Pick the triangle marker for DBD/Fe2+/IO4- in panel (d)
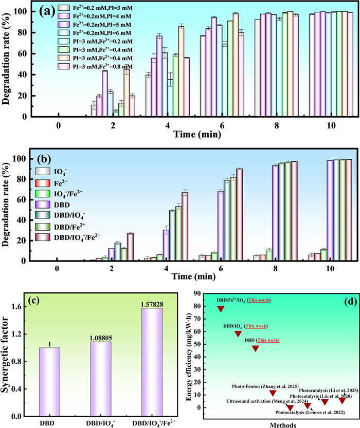(x=221, y=309)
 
